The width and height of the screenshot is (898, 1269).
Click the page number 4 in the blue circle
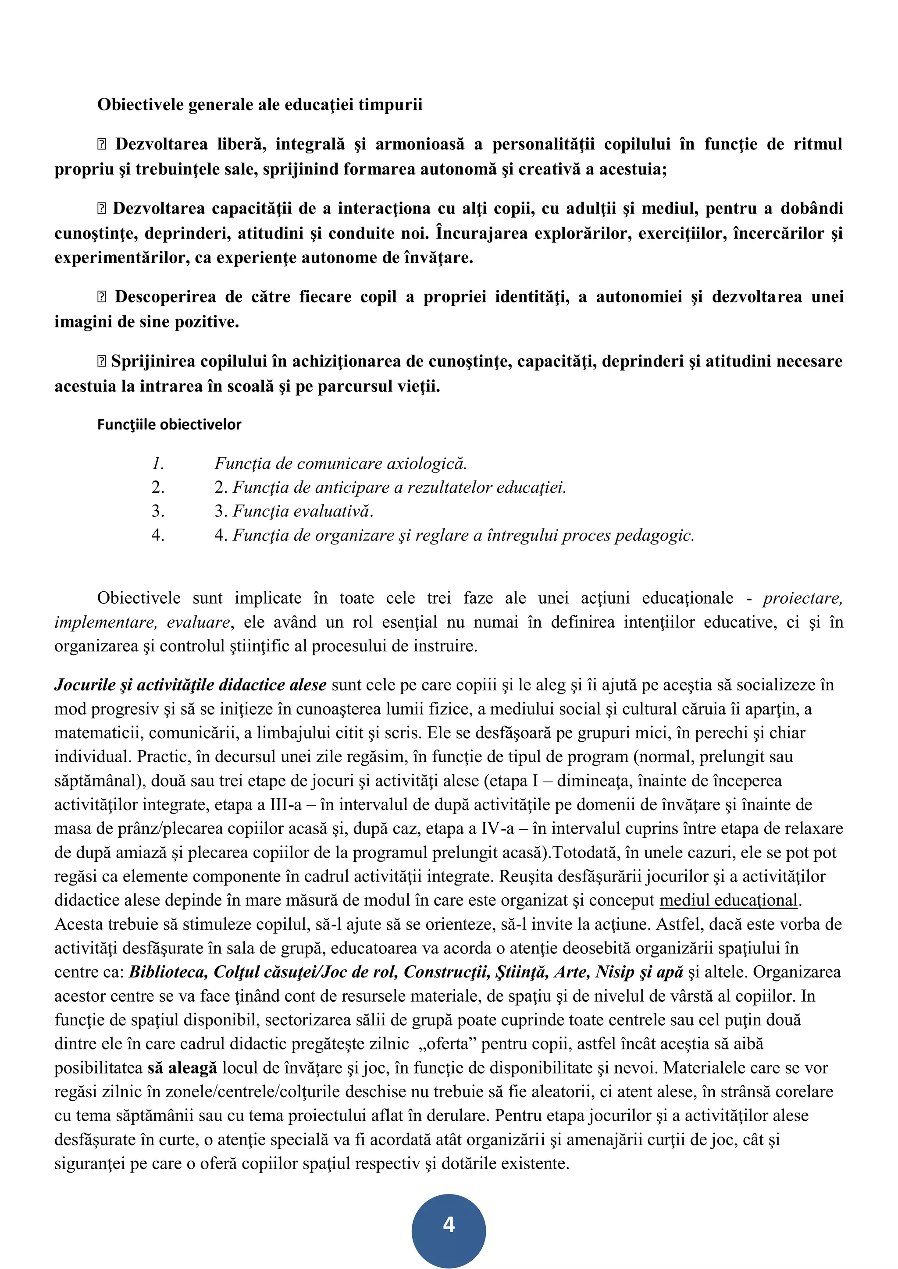(449, 1224)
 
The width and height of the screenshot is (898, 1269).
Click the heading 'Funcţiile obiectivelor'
(169, 424)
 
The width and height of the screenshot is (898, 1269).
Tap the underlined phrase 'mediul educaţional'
(729, 900)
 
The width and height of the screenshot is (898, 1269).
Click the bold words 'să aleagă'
(182, 1068)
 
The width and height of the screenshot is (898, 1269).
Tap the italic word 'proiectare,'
(802, 598)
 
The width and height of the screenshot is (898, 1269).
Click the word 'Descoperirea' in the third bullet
(165, 297)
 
